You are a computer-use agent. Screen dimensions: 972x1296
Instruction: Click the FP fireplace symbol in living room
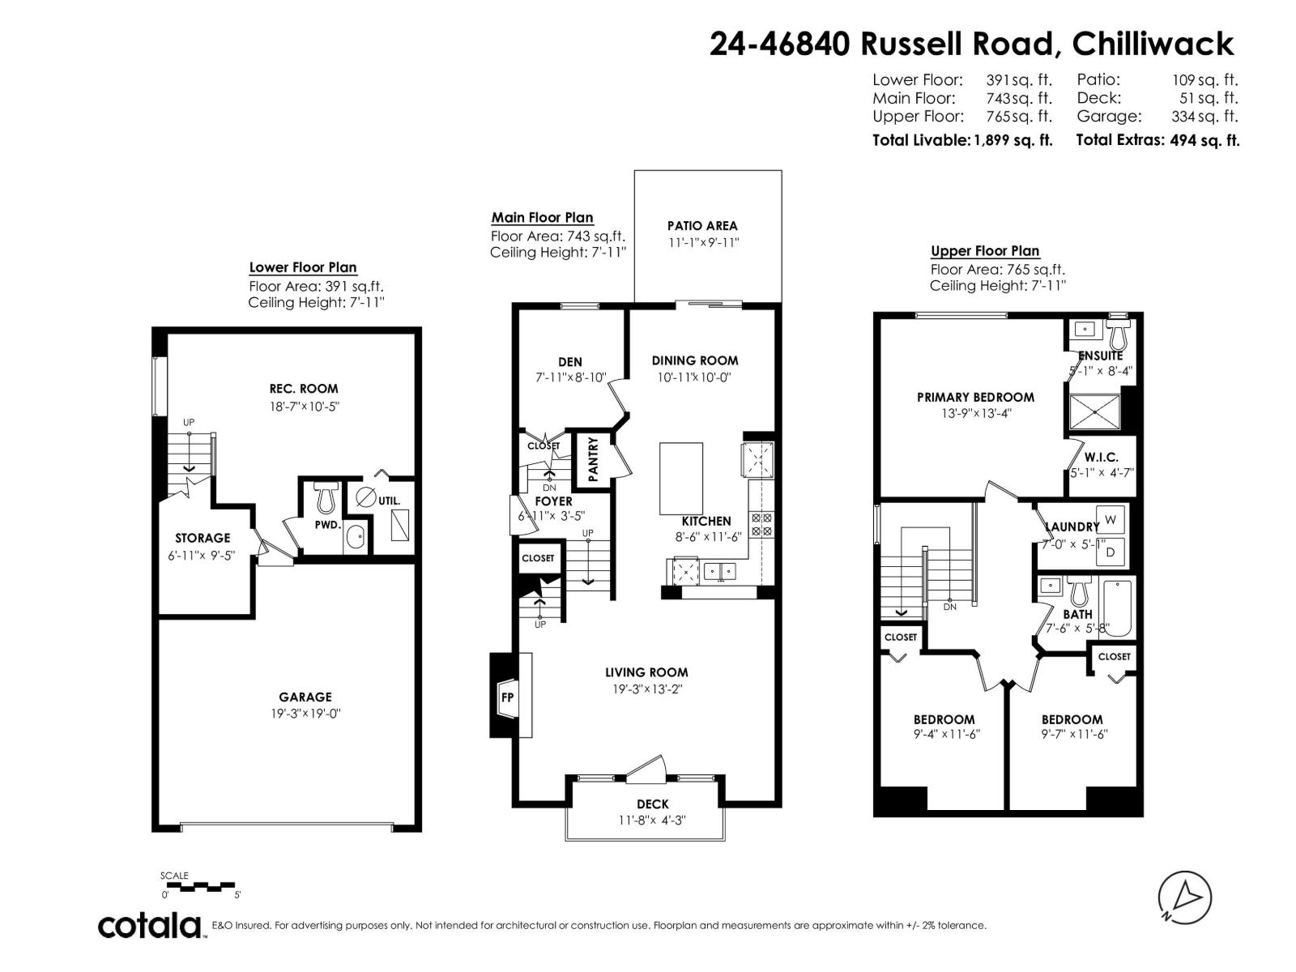pos(507,697)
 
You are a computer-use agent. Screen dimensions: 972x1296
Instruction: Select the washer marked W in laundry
pos(1111,518)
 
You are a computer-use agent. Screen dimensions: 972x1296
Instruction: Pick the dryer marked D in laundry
pos(1111,552)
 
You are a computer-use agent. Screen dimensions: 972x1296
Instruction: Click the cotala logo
pos(151,925)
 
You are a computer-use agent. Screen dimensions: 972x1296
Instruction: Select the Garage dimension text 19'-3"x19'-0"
pos(305,714)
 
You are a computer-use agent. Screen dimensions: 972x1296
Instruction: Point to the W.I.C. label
pos(1101,458)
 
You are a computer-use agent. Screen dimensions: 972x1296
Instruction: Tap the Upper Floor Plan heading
pos(985,251)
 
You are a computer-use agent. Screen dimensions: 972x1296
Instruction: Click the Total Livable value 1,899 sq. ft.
pos(1013,140)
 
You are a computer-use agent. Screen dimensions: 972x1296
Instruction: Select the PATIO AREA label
pos(702,226)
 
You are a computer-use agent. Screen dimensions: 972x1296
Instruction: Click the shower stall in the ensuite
pos(1095,411)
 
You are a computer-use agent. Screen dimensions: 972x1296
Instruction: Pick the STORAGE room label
pos(202,538)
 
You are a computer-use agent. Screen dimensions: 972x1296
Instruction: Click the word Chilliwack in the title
pos(1153,44)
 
